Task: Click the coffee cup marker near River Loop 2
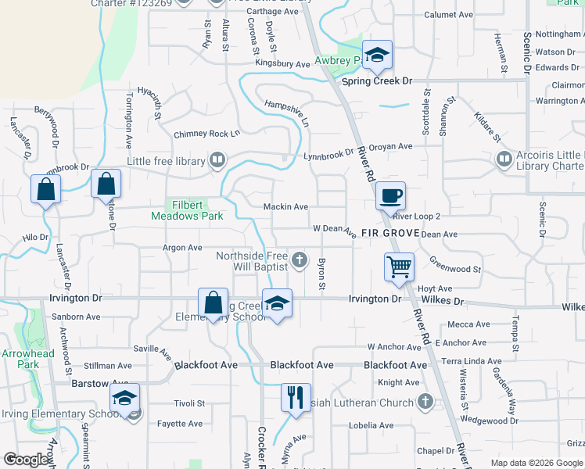click(x=390, y=195)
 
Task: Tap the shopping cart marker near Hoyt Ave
click(x=399, y=267)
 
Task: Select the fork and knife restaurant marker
click(x=296, y=397)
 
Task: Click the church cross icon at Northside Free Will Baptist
click(x=299, y=260)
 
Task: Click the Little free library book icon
click(x=218, y=161)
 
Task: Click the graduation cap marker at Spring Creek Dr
click(x=377, y=55)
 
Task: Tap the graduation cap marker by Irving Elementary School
click(x=124, y=398)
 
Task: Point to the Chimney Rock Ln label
click(x=206, y=134)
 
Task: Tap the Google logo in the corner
click(x=26, y=460)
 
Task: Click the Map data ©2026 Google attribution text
click(x=536, y=463)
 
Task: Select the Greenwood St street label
click(x=455, y=269)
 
